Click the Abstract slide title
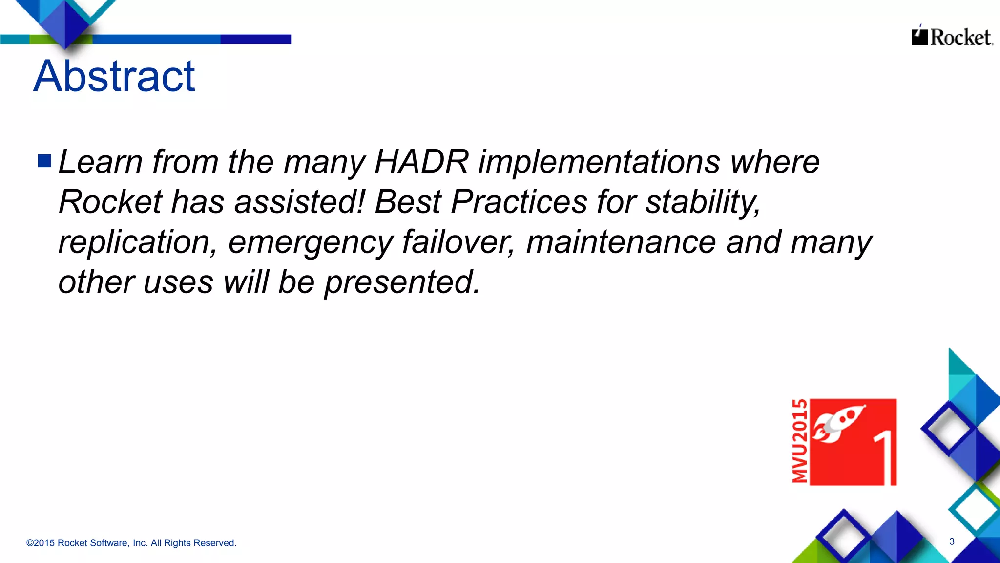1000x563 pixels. point(114,76)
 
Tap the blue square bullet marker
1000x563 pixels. point(44,161)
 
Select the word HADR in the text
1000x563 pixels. point(421,161)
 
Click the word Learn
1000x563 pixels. point(101,161)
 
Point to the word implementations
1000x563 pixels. point(599,162)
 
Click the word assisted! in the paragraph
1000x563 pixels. point(299,201)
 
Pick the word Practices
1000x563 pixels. point(519,201)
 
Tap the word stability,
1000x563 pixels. point(703,202)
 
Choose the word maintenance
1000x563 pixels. point(621,242)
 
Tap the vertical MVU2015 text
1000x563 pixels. point(800,441)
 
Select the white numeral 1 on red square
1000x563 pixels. point(885,457)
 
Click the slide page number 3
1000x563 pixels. point(952,541)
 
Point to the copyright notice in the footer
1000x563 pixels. point(131,543)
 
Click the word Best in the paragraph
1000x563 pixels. point(408,201)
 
